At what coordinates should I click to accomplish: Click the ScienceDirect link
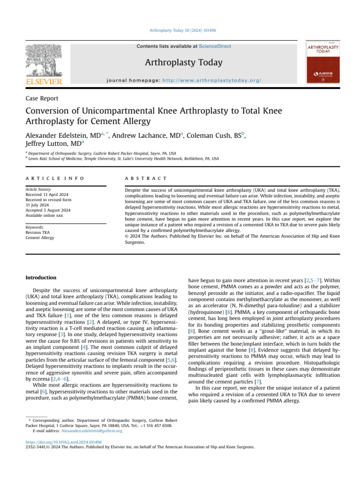point(215,46)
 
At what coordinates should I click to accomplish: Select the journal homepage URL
point(211,81)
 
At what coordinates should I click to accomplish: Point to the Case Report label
point(42,98)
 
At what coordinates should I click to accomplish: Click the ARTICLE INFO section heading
point(55,179)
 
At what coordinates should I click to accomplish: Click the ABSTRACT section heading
point(146,179)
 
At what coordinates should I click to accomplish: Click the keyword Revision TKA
point(39,232)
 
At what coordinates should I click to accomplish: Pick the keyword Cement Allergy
point(40,238)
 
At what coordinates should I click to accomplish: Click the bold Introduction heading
point(40,277)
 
